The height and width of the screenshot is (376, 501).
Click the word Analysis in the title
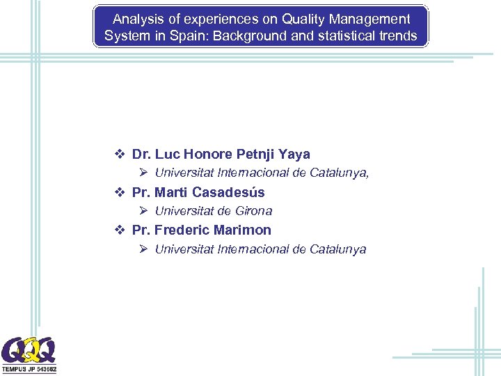138,19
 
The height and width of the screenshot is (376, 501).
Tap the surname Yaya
294,155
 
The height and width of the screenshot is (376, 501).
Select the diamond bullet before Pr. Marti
120,192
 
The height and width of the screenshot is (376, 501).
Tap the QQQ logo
29,350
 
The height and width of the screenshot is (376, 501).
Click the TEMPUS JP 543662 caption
29,368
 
